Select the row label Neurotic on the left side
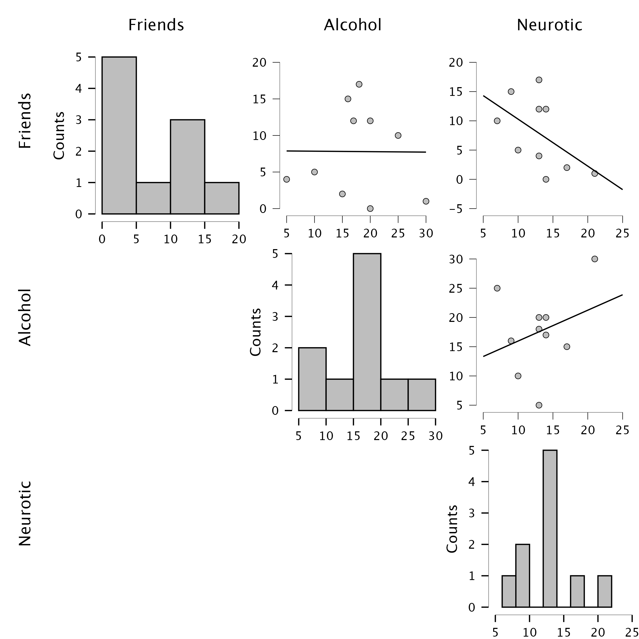click(x=25, y=513)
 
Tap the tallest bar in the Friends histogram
click(x=119, y=135)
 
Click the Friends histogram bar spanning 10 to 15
click(x=188, y=167)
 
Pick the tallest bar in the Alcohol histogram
click(x=367, y=332)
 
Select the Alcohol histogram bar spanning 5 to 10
click(x=312, y=379)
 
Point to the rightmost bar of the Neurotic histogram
click(x=604, y=591)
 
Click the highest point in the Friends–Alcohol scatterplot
click(x=359, y=84)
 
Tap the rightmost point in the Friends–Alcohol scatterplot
click(x=426, y=201)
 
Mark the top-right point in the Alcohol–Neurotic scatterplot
click(x=595, y=259)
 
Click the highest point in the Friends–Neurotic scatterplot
click(x=539, y=80)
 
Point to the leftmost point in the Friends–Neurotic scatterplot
click(x=497, y=121)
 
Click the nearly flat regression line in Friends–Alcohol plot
click(x=356, y=151)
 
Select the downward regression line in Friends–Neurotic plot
click(x=553, y=143)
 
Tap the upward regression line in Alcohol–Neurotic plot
click(x=553, y=325)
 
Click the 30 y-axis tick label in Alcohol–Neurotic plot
click(x=456, y=259)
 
